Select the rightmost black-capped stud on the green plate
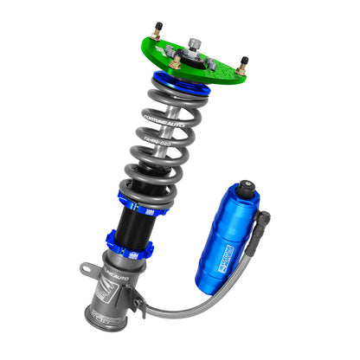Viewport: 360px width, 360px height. pos(244,62)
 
